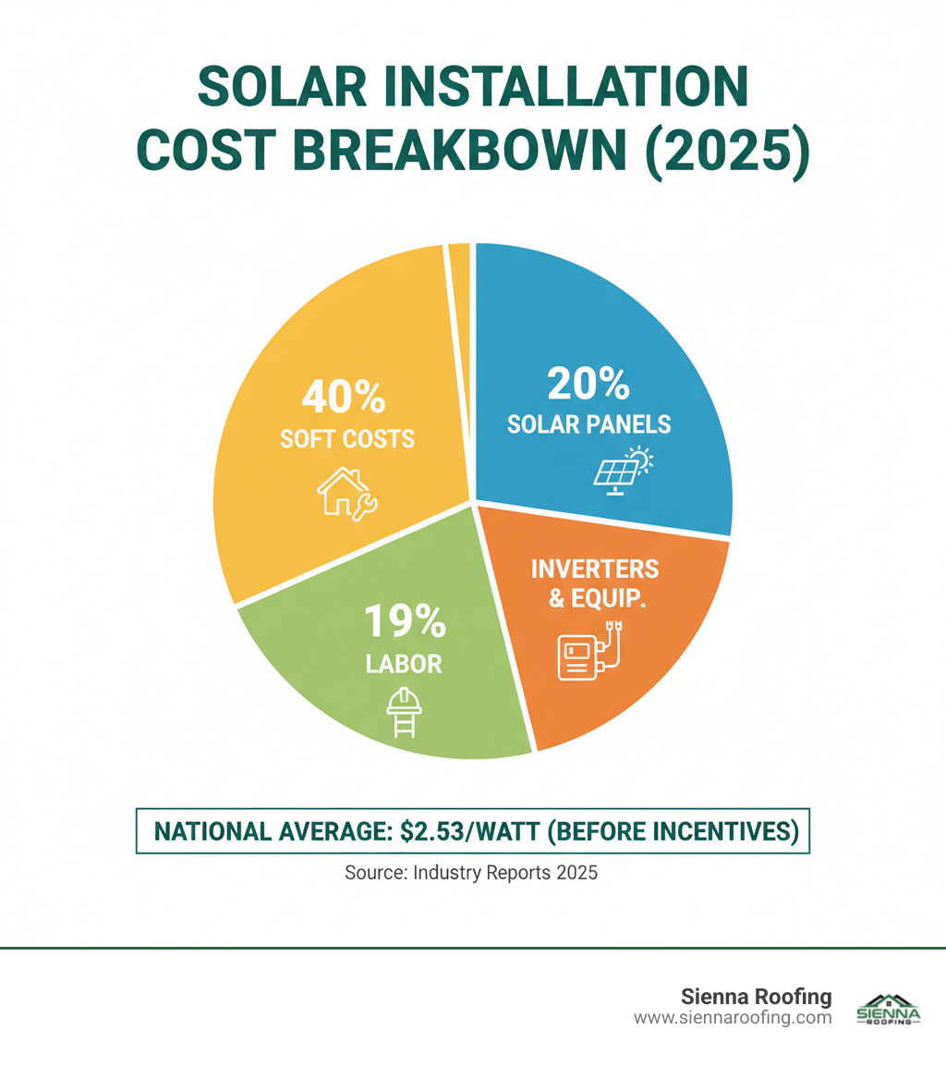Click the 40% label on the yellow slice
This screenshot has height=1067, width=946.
343,398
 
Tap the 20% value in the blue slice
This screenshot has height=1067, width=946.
588,383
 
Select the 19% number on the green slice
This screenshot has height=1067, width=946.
403,622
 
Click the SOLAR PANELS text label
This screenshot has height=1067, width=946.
588,424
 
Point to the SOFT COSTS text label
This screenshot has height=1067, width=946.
347,438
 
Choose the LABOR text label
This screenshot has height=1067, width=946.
403,663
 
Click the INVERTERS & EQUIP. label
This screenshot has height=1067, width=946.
595,583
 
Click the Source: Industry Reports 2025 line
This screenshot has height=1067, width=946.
471,872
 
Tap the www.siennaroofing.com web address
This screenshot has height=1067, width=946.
733,1017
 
